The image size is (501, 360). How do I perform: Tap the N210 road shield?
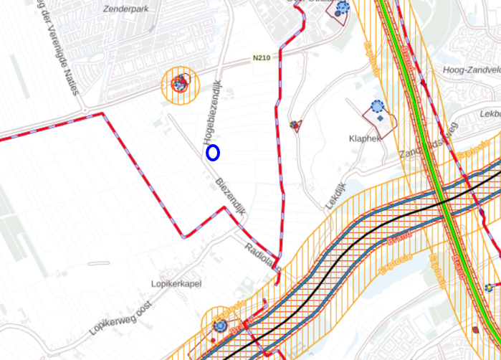(x=262, y=57)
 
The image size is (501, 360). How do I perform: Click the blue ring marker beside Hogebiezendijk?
(x=213, y=152)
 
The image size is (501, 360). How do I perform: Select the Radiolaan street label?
(x=260, y=253)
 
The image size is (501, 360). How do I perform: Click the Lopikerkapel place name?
(x=176, y=284)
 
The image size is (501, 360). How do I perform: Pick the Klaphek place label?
(x=365, y=138)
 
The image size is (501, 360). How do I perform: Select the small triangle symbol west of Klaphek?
(x=295, y=125)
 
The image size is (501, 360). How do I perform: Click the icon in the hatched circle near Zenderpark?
(x=179, y=85)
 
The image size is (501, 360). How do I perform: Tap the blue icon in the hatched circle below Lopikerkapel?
(x=220, y=326)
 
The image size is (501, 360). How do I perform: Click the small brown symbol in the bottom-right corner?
(x=476, y=330)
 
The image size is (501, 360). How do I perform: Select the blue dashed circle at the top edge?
(x=343, y=6)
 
